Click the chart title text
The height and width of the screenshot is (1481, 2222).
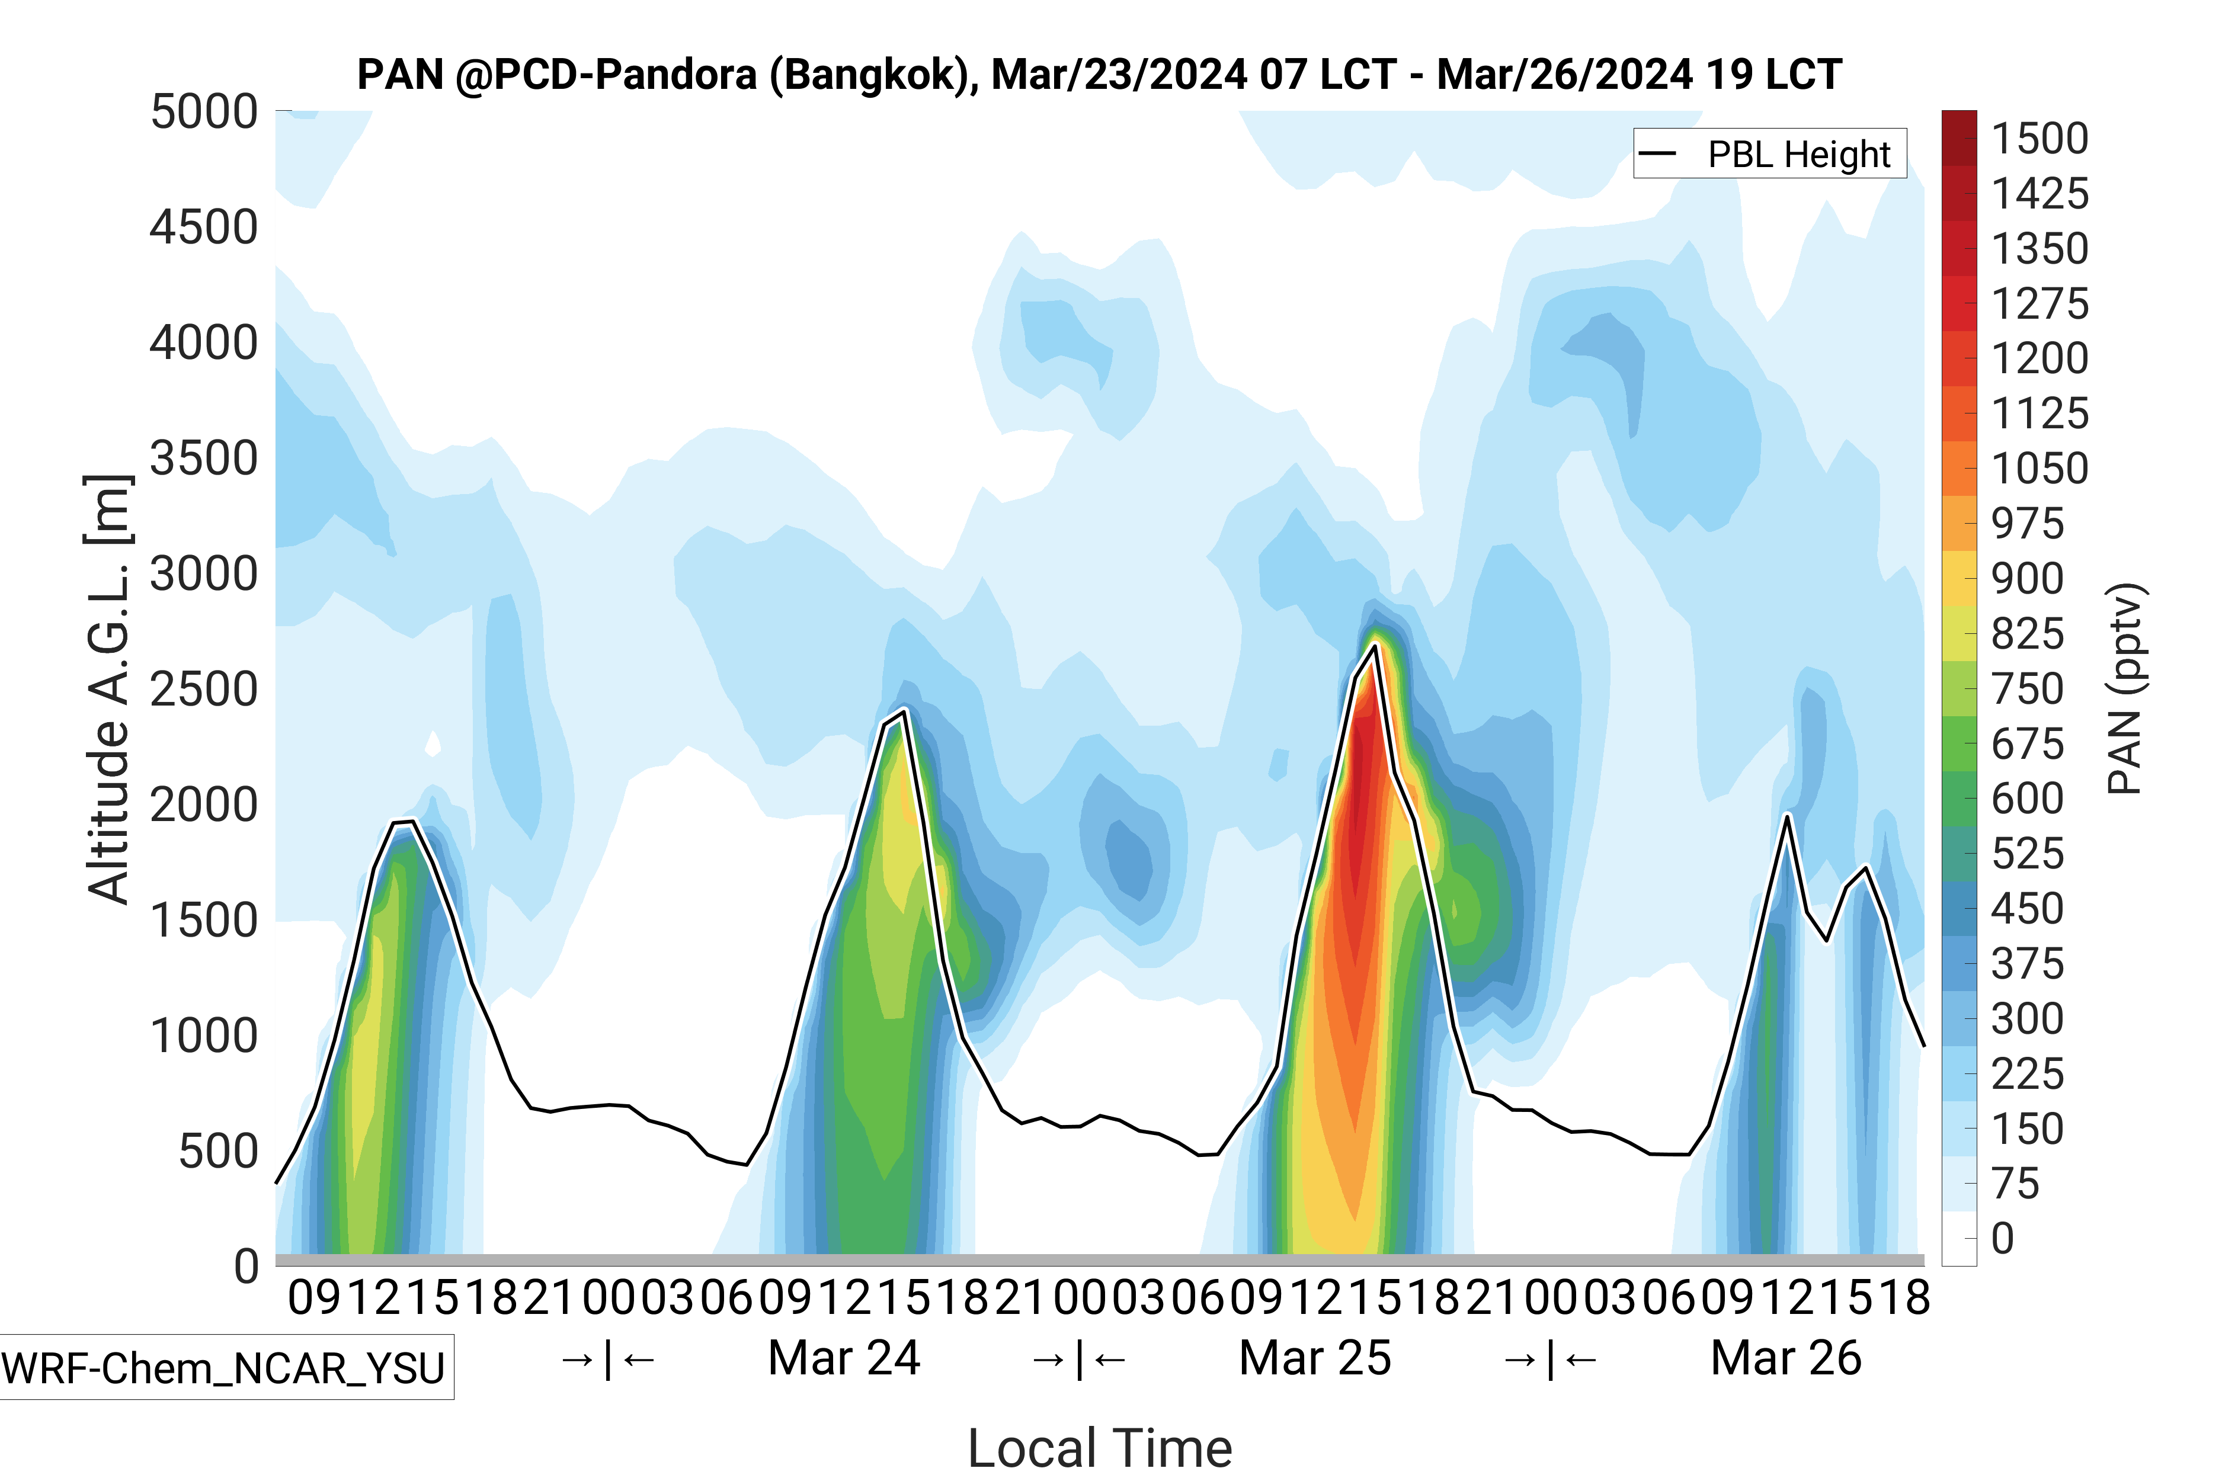click(x=1099, y=75)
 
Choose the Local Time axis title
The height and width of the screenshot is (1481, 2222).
click(x=1100, y=1447)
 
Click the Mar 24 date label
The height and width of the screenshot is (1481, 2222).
click(x=844, y=1358)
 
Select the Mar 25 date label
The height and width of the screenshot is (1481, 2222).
click(x=1315, y=1358)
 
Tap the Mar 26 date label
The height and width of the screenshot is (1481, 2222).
click(x=1785, y=1358)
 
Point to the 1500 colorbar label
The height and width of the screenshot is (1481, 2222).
click(x=2039, y=139)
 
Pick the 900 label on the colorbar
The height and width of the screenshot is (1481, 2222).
click(x=2028, y=579)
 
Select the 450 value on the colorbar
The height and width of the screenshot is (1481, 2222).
click(x=2028, y=909)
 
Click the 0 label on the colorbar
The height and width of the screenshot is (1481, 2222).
click(x=2003, y=1238)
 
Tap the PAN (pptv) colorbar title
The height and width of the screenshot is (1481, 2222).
click(x=2125, y=690)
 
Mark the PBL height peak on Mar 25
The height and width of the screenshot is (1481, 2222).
click(x=1375, y=645)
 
